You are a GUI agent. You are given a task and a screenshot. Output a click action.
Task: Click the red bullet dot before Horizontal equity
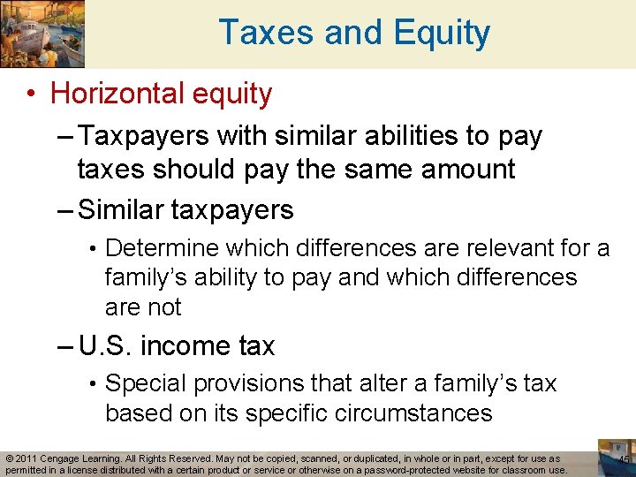click(x=32, y=94)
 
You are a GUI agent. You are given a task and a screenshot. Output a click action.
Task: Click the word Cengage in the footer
click(x=64, y=459)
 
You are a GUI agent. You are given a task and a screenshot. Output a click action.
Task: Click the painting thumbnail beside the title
click(x=42, y=34)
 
